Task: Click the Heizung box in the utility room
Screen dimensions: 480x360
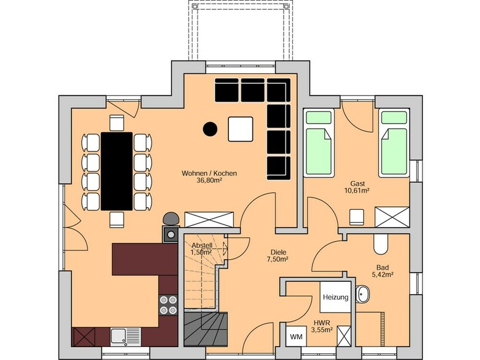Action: coord(335,297)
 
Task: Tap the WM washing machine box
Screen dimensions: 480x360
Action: coord(296,337)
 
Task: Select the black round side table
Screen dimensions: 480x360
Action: coord(210,129)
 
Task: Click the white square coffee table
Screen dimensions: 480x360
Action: coord(241,129)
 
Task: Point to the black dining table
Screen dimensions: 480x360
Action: coord(117,172)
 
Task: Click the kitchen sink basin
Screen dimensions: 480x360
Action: coord(118,337)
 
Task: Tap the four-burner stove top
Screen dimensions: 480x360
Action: coord(168,305)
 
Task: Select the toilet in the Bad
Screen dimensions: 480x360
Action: coord(380,244)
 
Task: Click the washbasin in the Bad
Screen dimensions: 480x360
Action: coord(362,294)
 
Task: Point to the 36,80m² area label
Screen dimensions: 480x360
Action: coord(209,180)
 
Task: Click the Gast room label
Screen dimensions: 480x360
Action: coord(358,183)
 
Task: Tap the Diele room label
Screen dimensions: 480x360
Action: coord(278,252)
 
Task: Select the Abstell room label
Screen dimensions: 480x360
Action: coord(202,246)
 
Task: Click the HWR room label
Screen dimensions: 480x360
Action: coord(322,322)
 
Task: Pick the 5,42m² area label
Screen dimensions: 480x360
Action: coord(383,274)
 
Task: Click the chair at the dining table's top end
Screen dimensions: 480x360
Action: coord(117,123)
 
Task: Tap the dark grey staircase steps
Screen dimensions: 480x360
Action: coord(206,329)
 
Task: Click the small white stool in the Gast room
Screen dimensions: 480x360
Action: coord(357,218)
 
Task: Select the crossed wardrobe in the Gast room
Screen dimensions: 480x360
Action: coord(392,217)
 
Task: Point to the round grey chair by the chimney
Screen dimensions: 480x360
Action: coord(172,219)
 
